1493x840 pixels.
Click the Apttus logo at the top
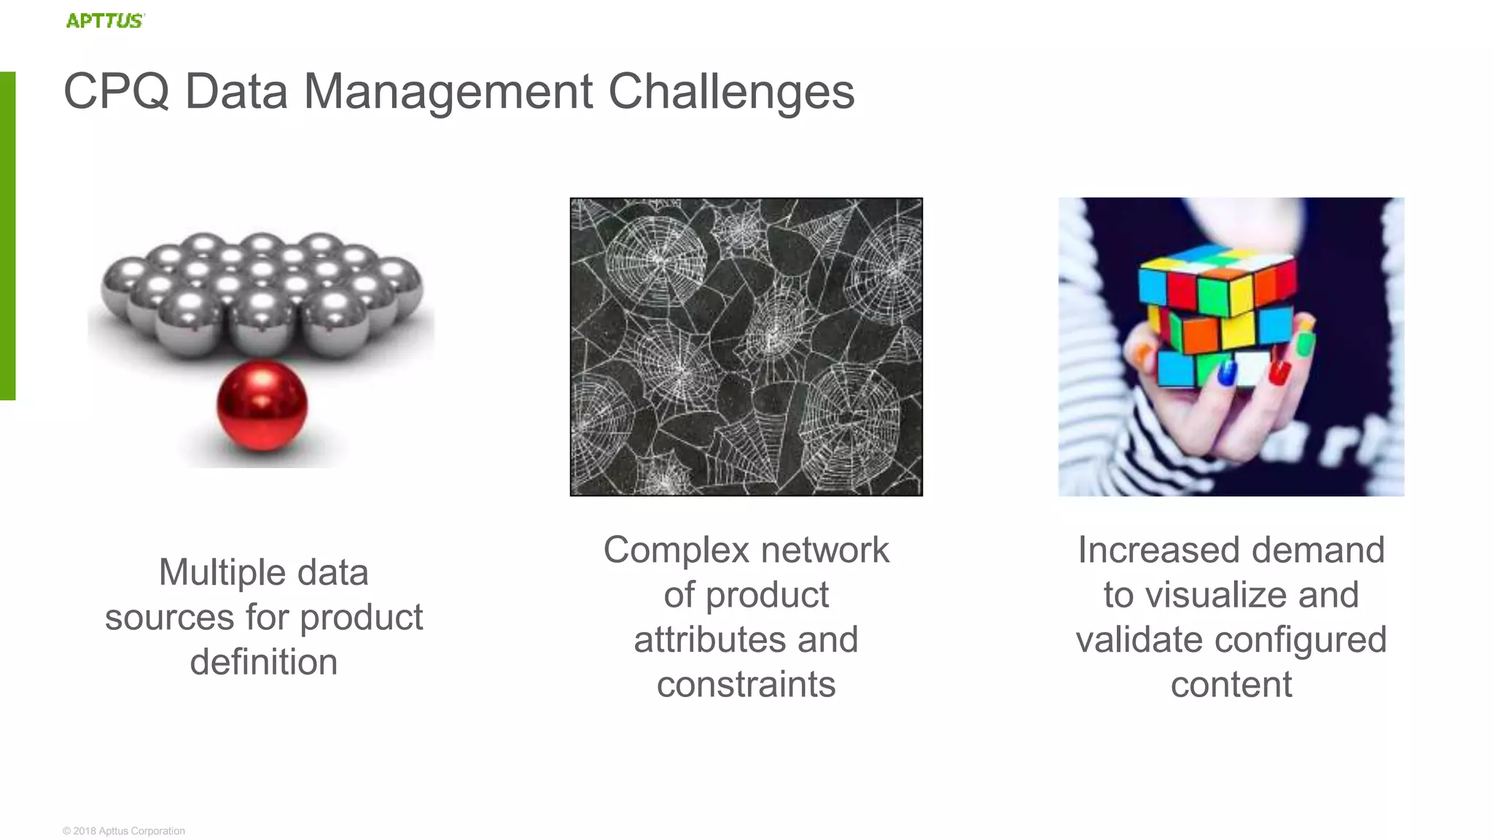point(105,20)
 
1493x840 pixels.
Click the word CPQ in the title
point(117,92)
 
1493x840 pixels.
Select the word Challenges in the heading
point(731,92)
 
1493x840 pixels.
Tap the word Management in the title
point(448,92)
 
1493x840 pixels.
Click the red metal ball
point(262,405)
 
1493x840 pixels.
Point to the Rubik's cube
point(1217,314)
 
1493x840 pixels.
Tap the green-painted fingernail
point(1305,343)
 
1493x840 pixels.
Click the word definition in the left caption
point(264,662)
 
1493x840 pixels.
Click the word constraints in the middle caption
point(746,685)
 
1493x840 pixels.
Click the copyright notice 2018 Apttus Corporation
point(124,831)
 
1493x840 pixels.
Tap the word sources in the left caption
point(170,618)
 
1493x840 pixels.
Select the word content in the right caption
point(1231,685)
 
